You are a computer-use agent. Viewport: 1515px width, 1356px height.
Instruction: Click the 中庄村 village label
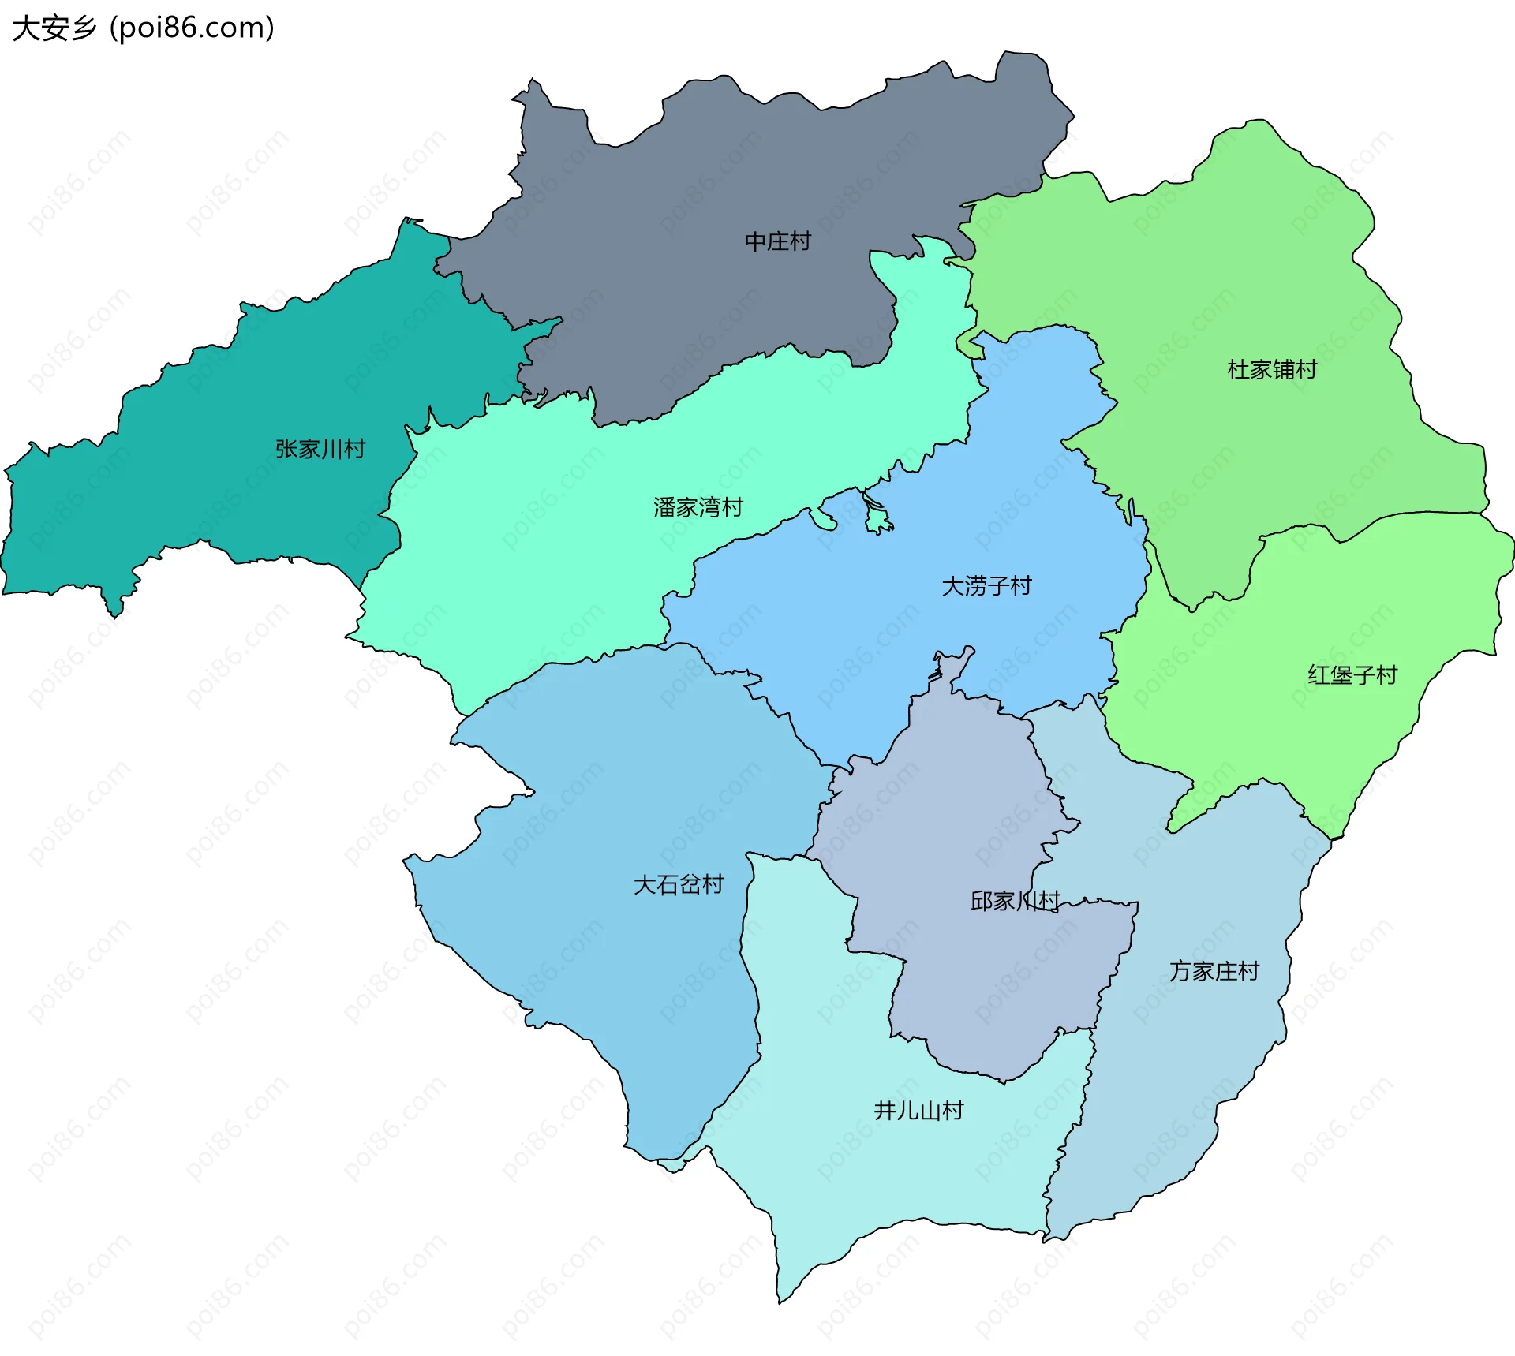777,241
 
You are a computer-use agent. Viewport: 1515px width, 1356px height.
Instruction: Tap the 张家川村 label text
320,449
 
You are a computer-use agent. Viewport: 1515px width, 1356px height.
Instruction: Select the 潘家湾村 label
698,507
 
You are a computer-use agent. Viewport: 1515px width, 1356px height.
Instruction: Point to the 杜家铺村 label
1271,369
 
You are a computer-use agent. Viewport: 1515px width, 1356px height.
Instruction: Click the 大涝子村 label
986,586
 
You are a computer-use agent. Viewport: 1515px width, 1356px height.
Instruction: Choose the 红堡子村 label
1352,675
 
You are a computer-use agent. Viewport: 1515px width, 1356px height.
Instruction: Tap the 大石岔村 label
678,884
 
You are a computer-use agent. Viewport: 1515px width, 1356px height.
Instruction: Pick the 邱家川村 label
1014,900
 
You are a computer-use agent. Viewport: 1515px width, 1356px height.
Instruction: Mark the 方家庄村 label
1214,971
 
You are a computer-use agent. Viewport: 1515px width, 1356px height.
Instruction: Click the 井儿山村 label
918,1111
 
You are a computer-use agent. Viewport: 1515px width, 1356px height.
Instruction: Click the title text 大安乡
54,28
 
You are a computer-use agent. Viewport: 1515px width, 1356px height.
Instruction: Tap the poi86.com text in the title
192,28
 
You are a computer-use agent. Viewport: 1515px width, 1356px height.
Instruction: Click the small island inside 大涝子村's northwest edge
877,517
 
